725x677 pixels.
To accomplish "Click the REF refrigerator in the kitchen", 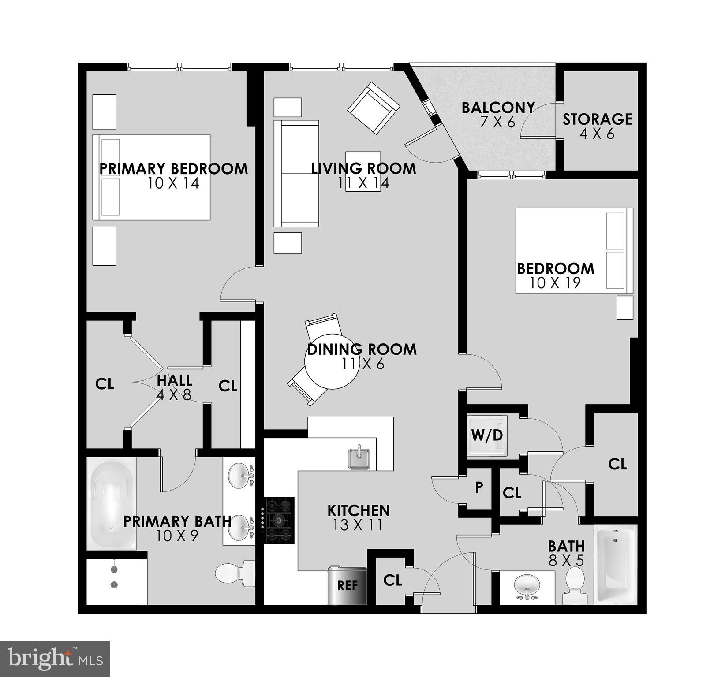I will pos(348,586).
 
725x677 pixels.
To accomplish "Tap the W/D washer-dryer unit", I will pos(487,435).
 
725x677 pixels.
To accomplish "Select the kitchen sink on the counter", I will pos(359,459).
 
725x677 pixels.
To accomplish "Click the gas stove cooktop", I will pos(279,521).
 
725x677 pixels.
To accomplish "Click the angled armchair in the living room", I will pos(374,108).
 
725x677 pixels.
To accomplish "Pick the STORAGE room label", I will pos(597,119).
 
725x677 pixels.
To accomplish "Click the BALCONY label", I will pos(498,108).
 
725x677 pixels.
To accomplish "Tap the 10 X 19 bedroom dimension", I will pos(555,283).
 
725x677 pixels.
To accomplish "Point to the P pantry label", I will pos(479,487).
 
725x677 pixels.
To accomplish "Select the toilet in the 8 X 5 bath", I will pos(575,585).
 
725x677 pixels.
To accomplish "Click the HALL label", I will pos(175,380).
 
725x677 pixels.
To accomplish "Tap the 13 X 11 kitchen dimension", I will pos(358,525).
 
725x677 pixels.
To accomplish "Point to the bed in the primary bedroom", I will pos(151,177).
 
